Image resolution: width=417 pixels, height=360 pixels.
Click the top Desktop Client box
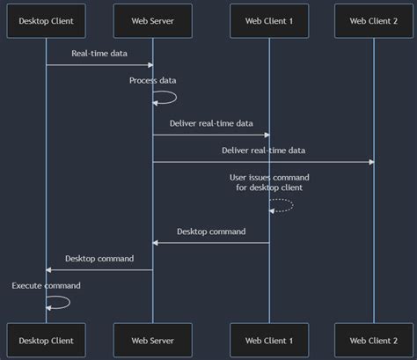[x=46, y=19]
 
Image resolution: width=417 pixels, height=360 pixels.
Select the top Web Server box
[x=152, y=19]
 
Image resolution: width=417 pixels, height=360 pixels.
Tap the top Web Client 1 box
[x=268, y=19]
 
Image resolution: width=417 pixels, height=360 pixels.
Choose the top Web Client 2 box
[x=374, y=19]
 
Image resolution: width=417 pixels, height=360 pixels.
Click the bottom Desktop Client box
[x=46, y=339]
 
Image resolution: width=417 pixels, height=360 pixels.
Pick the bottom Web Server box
[x=152, y=339]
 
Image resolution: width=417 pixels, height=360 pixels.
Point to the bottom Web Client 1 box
[x=268, y=339]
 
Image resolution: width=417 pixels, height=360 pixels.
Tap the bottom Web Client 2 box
[x=374, y=339]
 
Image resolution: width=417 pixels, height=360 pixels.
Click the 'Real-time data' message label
[x=99, y=54]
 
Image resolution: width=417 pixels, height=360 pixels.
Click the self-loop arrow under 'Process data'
[x=170, y=98]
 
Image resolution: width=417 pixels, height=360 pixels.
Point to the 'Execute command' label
[x=47, y=285]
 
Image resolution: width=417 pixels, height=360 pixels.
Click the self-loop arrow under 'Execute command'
[x=62, y=302]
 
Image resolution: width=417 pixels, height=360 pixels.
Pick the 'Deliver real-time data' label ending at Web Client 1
[x=211, y=122]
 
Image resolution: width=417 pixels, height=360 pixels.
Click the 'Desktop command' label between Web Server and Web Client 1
[x=211, y=231]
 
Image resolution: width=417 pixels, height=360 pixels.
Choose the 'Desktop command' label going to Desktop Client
[x=99, y=259]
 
